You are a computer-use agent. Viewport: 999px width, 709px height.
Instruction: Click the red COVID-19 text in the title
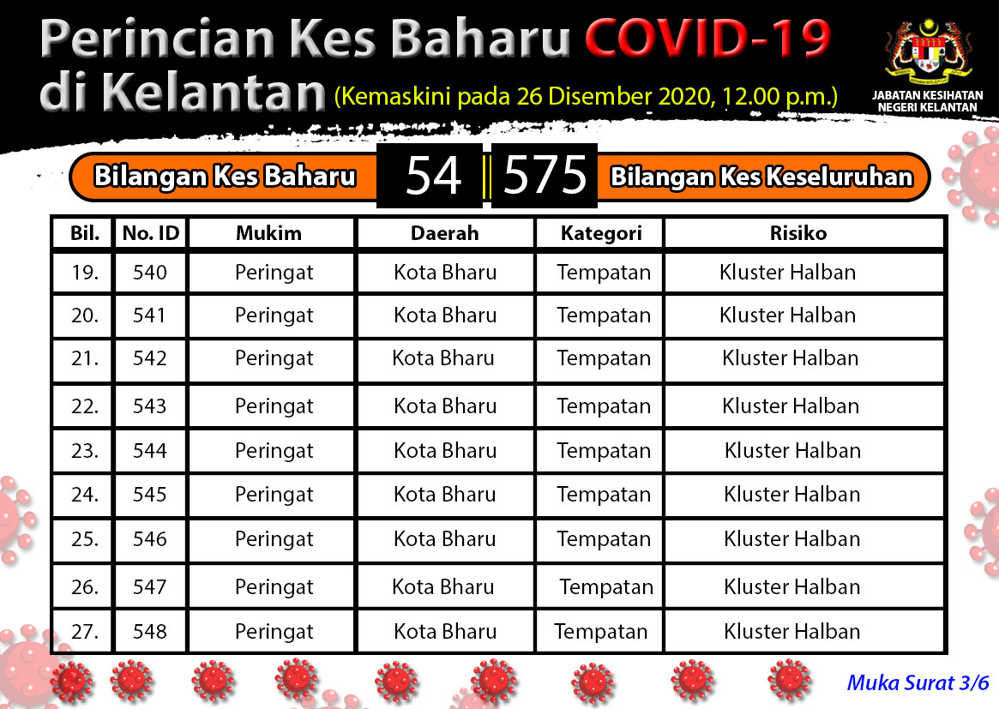(x=707, y=38)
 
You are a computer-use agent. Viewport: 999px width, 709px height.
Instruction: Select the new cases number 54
(x=433, y=175)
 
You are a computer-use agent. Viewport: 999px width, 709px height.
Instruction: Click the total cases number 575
(x=545, y=175)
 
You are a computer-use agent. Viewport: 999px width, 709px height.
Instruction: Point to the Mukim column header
(x=269, y=233)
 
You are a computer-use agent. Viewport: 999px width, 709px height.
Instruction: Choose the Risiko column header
(x=798, y=233)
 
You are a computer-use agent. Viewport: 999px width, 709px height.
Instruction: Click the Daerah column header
(x=445, y=233)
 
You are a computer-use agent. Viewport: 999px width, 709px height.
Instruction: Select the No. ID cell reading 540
(x=150, y=273)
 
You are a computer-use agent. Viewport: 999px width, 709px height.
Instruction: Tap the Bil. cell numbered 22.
(x=85, y=406)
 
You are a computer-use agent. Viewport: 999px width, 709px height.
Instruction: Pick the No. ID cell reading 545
(x=150, y=495)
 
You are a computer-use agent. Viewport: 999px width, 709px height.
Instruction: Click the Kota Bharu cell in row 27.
(x=445, y=631)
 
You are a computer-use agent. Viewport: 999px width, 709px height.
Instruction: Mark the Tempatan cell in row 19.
(x=604, y=273)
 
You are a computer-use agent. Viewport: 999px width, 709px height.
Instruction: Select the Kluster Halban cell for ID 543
(x=791, y=406)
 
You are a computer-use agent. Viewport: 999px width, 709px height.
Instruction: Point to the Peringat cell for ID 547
(x=274, y=587)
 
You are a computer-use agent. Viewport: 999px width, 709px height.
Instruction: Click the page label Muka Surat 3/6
(x=918, y=683)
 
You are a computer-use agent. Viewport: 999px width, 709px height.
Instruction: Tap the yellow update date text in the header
(x=587, y=96)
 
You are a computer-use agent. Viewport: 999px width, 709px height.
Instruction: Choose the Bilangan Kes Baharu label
(x=225, y=177)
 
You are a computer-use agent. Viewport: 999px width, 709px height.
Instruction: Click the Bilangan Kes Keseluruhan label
(x=762, y=177)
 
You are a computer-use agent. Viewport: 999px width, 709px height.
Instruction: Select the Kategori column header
(x=601, y=234)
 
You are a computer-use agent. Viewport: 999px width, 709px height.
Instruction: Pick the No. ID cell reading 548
(x=150, y=631)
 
